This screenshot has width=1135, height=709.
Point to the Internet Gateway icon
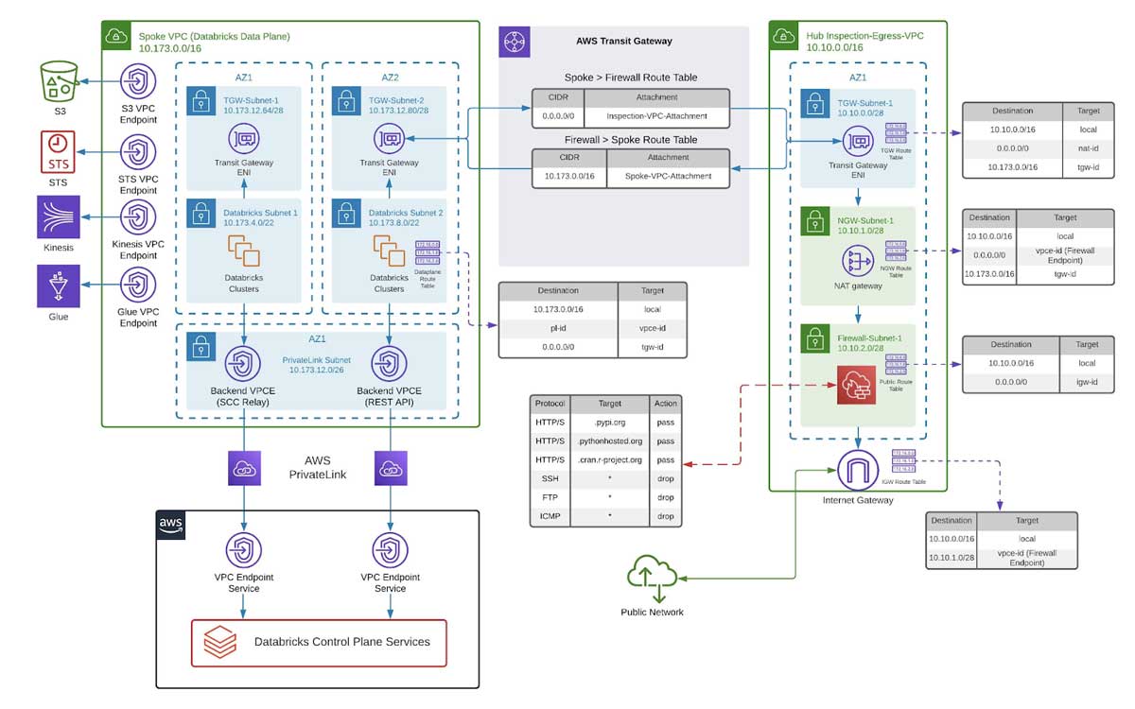(x=857, y=470)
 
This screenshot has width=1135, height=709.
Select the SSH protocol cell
(x=550, y=478)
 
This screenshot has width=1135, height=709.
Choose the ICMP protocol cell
(x=550, y=516)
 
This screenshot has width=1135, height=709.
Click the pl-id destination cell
(x=557, y=328)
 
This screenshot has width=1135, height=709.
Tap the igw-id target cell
(x=1087, y=382)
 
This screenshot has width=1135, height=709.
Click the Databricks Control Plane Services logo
(x=220, y=643)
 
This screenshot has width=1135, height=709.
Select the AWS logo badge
(x=170, y=525)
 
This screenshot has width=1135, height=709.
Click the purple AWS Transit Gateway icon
(x=515, y=42)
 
